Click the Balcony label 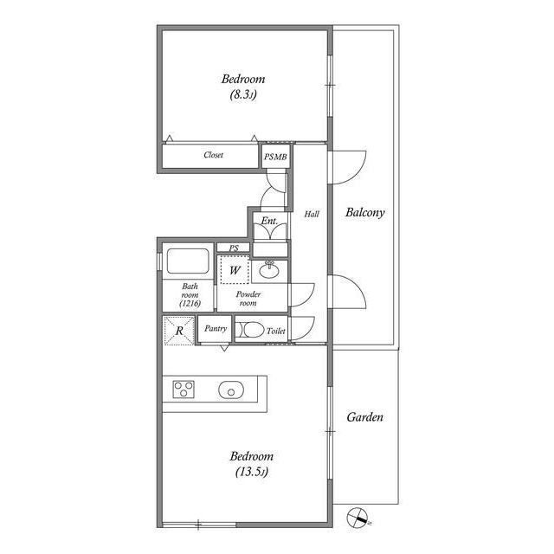point(365,213)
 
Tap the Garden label point(364,417)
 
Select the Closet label point(214,155)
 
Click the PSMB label point(275,157)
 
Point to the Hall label point(312,214)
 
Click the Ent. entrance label point(269,222)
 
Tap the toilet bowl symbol point(250,331)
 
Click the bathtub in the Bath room point(188,261)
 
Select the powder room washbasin point(269,271)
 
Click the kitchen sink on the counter point(231,390)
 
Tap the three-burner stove point(184,389)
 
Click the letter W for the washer point(235,271)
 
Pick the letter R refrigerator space point(179,331)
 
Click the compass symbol point(358,518)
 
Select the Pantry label point(216,329)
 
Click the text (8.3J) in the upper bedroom point(243,94)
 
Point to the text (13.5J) point(252,472)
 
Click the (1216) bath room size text point(190,303)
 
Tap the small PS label point(234,248)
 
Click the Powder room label point(248,299)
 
